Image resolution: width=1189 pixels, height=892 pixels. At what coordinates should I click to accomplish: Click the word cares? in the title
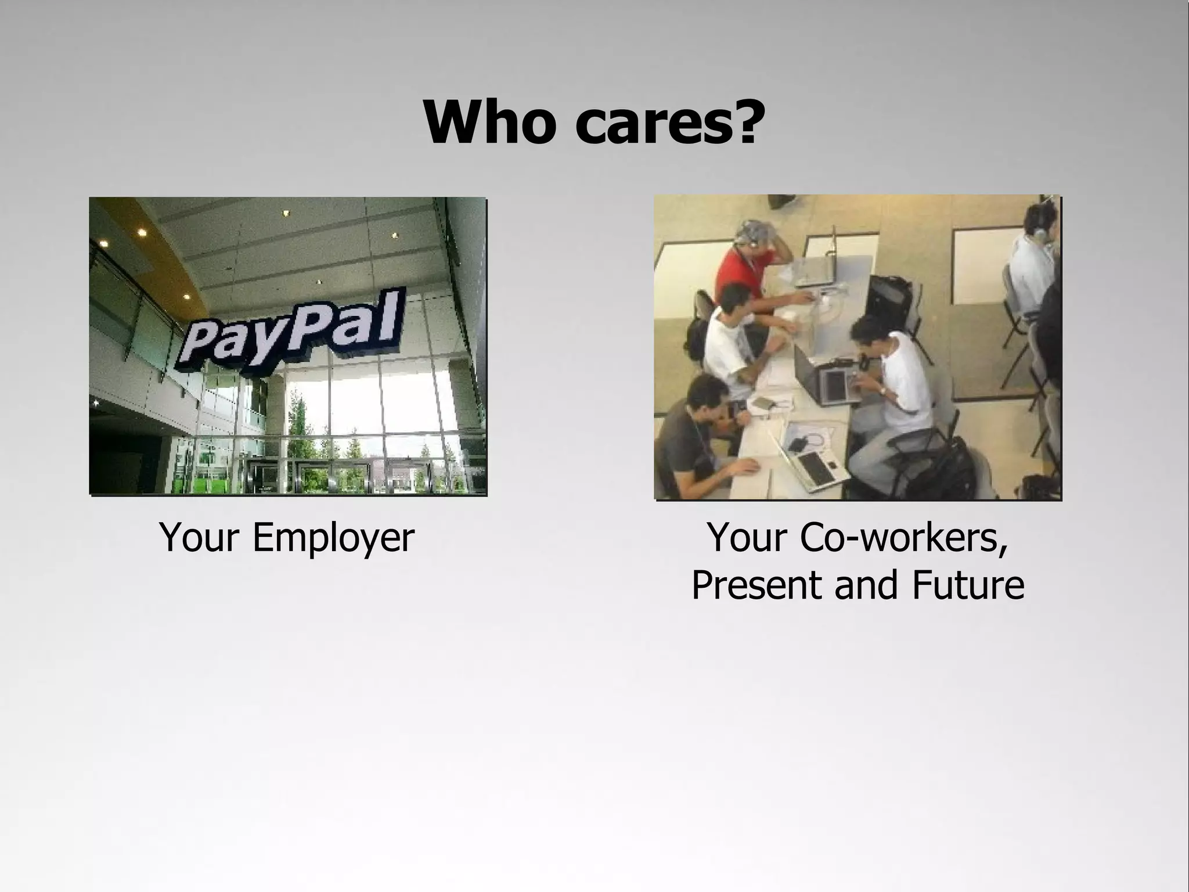click(668, 123)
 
